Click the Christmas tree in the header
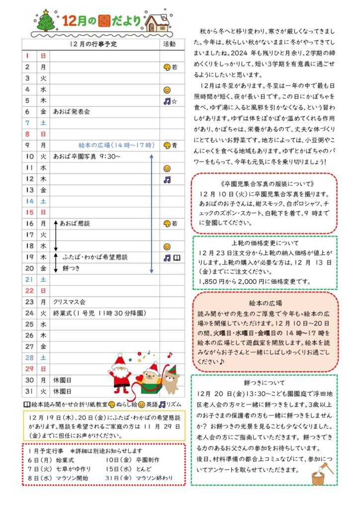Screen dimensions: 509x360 coord(47,20)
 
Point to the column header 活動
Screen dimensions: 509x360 coord(169,44)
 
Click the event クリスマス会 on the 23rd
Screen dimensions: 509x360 coord(69,302)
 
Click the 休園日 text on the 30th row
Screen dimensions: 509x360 coord(62,380)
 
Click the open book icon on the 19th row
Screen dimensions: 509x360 coord(177,257)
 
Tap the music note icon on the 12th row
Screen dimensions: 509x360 coord(167,179)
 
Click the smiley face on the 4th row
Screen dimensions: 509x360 coord(167,90)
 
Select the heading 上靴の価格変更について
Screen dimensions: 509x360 coord(265,244)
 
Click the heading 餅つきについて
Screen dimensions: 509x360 coord(265,383)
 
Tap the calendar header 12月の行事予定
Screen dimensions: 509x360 coord(93,44)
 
